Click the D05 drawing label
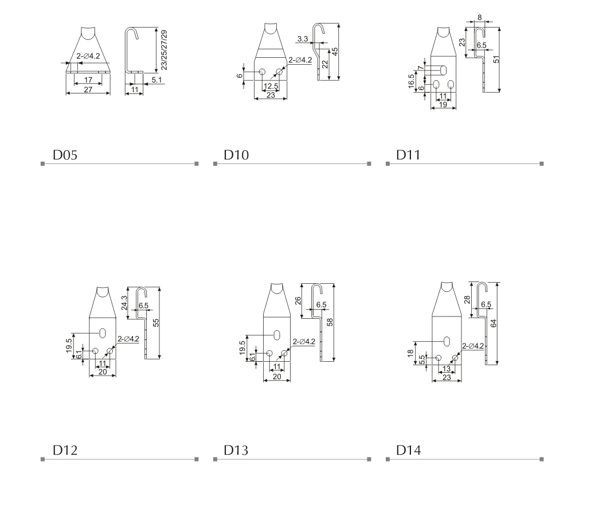(x=65, y=155)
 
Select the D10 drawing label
(x=236, y=155)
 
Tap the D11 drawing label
(x=408, y=155)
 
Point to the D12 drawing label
(x=65, y=450)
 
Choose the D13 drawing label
(x=236, y=450)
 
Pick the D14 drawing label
(x=408, y=450)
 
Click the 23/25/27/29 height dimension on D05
(x=164, y=50)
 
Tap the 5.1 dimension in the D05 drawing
(x=156, y=80)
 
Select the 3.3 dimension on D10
(x=303, y=39)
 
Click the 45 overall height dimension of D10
(x=335, y=52)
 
